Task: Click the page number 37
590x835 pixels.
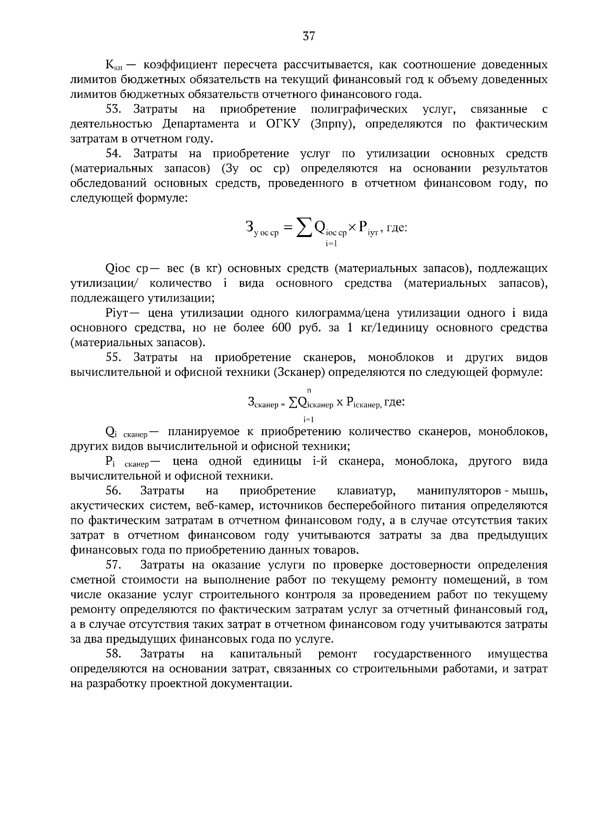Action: click(x=308, y=36)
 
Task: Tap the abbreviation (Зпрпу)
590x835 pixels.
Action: click(x=332, y=124)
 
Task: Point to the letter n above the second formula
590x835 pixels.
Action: click(x=308, y=390)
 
